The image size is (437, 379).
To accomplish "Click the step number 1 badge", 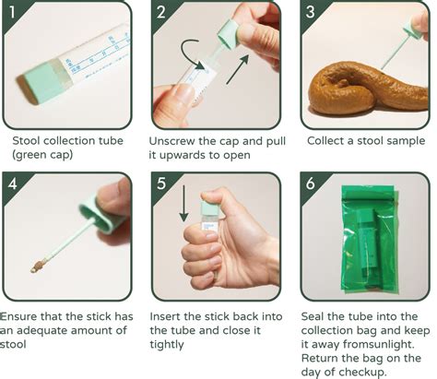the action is [x=11, y=12].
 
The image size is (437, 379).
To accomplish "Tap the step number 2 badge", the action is [x=160, y=12].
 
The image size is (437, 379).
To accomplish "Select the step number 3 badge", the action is [x=310, y=12].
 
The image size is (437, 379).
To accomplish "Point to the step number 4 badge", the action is [x=12, y=184].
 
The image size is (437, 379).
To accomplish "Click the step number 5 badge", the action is [x=161, y=184].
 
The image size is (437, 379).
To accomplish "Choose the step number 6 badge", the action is [x=311, y=184].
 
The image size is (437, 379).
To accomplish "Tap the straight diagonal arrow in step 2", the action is [x=238, y=69].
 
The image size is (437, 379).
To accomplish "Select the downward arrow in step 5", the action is [x=183, y=203].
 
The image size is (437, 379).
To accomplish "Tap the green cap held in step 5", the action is [x=210, y=208].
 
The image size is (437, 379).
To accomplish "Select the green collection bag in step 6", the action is [x=370, y=239].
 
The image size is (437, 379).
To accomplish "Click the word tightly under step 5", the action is [x=167, y=345].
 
